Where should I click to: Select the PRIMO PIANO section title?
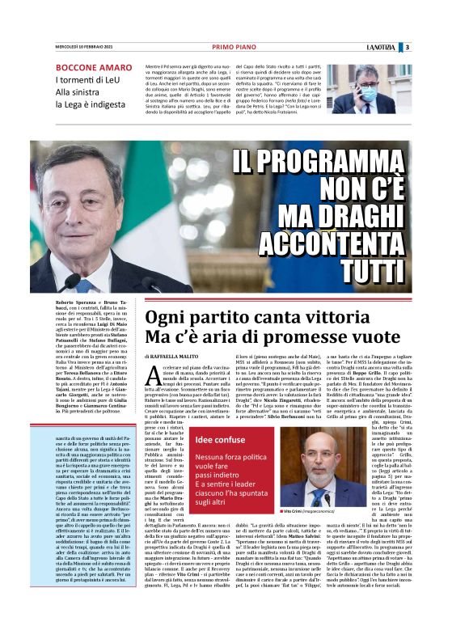234,47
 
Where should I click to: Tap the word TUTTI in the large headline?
379,268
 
